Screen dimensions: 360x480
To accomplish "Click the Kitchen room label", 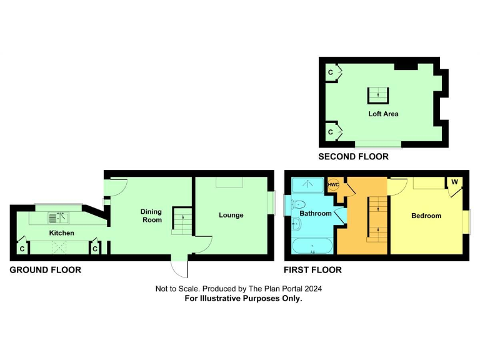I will pos(62,233).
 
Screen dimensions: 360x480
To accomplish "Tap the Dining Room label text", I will pos(151,216).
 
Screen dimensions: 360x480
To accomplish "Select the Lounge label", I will pos(231,216).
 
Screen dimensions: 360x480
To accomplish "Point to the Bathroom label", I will pos(315,214).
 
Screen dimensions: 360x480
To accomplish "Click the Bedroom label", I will pos(426,216).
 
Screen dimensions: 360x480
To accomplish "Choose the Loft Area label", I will pos(383,114).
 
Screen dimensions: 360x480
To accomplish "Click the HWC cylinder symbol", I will pos(333,185).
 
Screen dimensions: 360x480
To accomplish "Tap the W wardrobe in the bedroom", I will pos(454,182).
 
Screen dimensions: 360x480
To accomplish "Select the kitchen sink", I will pos(58,217).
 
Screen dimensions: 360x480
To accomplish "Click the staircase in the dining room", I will pos(181,221).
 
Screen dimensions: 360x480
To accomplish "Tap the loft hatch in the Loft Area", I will pos(377,95).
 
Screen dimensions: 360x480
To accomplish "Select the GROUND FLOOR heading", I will pos(45,271).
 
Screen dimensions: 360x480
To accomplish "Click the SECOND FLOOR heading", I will pos(353,157).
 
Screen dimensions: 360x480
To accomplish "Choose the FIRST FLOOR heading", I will pos(312,271).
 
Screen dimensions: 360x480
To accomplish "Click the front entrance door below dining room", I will pos(180,267).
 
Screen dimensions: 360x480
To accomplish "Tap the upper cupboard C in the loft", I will pos(331,73).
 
